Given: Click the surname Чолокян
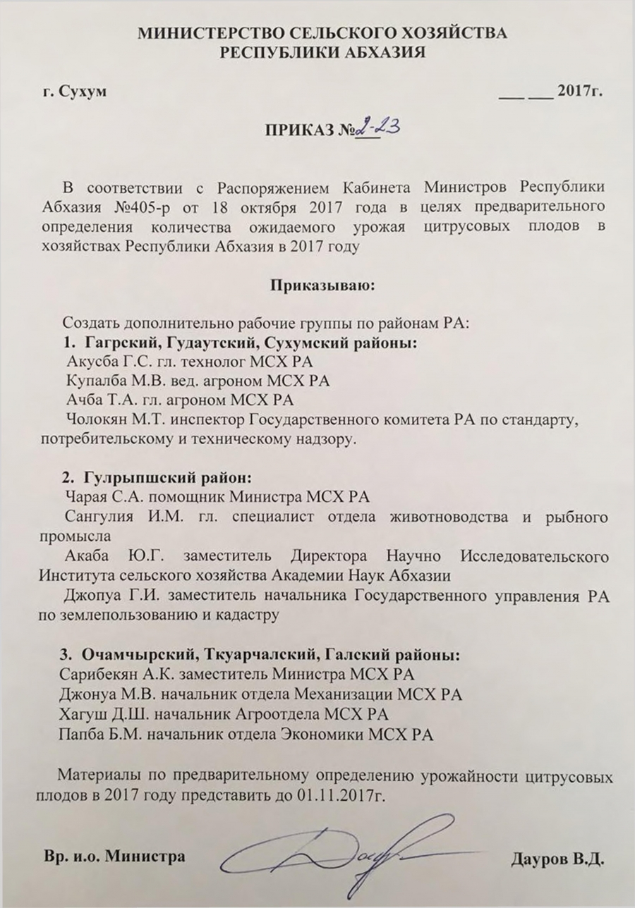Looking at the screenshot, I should point(95,420).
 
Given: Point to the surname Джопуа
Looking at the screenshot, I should point(92,596).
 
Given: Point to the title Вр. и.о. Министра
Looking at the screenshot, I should point(114,857).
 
